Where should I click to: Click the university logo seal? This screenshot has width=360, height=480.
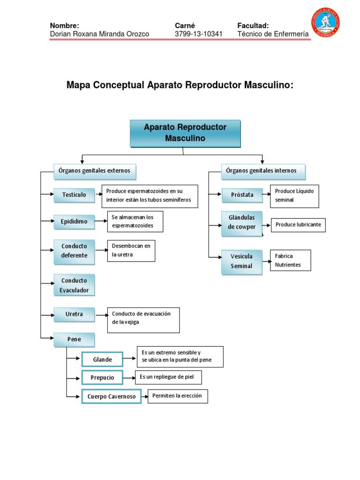(x=325, y=22)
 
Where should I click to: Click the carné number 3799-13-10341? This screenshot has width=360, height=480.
(x=199, y=34)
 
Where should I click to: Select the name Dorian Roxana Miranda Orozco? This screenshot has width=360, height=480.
(x=99, y=34)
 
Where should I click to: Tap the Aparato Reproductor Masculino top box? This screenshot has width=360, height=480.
(x=185, y=133)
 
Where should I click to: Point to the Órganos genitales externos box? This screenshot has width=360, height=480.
(x=95, y=171)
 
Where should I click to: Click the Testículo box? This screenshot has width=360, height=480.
(x=74, y=195)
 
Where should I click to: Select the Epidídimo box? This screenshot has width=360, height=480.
(x=74, y=221)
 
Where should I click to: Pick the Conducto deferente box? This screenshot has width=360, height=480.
(x=74, y=251)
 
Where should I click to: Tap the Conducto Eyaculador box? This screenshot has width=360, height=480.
(x=74, y=285)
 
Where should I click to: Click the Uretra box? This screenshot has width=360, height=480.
(x=74, y=314)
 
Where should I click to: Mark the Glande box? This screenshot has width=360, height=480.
(x=102, y=360)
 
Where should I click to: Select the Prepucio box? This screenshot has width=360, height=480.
(x=102, y=377)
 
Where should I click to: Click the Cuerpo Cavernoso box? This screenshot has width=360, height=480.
(x=112, y=397)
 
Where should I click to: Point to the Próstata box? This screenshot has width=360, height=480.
(x=242, y=195)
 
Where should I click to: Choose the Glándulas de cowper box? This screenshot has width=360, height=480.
(x=242, y=223)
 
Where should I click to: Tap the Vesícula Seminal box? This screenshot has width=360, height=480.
(x=242, y=262)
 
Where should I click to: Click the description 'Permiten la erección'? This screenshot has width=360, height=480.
(x=177, y=396)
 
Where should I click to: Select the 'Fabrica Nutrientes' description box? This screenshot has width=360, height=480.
(x=290, y=261)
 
